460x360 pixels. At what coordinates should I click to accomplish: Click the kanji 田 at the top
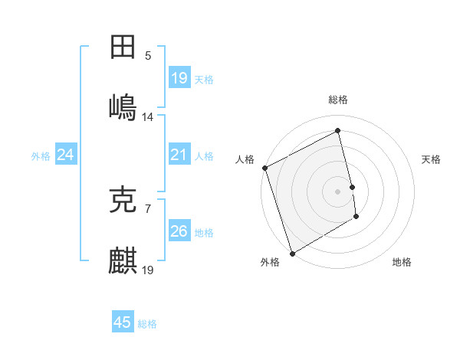click(x=123, y=47)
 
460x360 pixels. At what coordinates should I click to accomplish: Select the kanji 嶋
click(x=123, y=106)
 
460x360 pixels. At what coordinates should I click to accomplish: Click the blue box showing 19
click(x=179, y=78)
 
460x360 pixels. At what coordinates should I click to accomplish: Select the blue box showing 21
click(x=179, y=155)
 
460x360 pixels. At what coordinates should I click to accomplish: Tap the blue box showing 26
click(x=179, y=231)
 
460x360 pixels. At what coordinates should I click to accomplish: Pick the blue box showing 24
click(x=66, y=155)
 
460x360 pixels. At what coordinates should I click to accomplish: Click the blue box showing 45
click(x=123, y=322)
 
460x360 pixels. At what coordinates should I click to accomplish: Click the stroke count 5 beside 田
click(x=148, y=55)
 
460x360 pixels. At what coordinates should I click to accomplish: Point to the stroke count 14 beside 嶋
click(x=148, y=117)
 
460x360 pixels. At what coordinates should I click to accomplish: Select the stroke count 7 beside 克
click(x=148, y=208)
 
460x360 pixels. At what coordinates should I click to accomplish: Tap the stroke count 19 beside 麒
click(x=148, y=270)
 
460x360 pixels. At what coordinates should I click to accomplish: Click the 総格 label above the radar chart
click(x=338, y=100)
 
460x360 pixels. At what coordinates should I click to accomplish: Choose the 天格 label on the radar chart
click(x=432, y=159)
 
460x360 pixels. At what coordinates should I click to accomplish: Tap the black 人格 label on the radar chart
click(x=245, y=159)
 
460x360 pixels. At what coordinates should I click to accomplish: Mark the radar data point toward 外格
click(x=291, y=253)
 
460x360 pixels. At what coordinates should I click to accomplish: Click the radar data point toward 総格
click(x=338, y=131)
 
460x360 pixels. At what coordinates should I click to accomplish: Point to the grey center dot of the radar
click(x=338, y=191)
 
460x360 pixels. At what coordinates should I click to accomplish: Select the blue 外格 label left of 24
click(x=41, y=156)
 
